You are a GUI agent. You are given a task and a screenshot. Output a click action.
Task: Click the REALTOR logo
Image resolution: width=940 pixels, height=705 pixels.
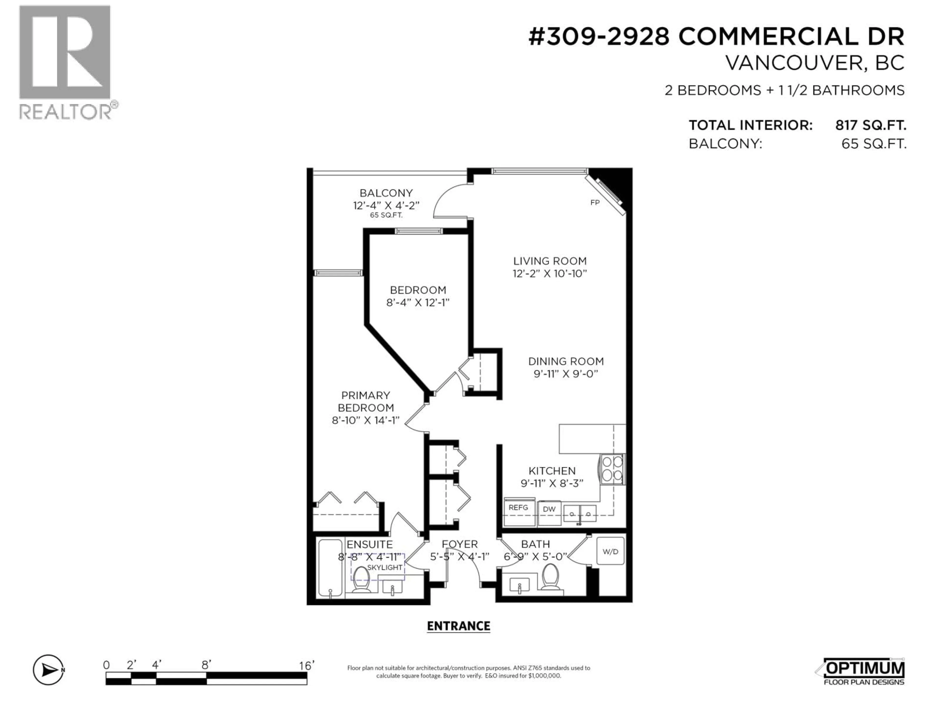pos(66,62)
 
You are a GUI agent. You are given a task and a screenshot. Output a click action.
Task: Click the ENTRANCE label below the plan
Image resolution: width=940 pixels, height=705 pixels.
pos(458,626)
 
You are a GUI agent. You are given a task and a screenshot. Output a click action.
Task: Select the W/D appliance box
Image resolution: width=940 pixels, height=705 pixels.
pos(610,552)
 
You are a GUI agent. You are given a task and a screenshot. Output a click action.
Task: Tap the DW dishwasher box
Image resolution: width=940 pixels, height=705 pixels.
pos(549,509)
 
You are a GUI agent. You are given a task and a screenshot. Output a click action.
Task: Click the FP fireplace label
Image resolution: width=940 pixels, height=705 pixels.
pos(595,203)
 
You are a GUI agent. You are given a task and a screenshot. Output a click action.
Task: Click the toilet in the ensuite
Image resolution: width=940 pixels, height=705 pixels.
pos(361,580)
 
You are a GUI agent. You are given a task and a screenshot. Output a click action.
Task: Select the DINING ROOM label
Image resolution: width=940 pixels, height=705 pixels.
pos(566,361)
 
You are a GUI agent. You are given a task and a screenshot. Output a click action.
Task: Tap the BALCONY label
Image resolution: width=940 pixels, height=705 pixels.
pos(386,193)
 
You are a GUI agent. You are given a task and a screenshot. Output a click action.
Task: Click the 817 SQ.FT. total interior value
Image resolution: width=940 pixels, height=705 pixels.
pos(870,125)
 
